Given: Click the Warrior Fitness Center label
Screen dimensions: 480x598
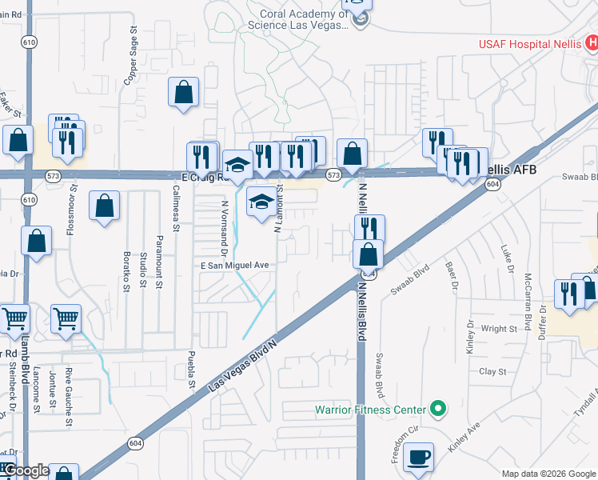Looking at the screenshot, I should click(x=370, y=410).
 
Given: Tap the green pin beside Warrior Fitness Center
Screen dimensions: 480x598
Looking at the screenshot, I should click(x=437, y=410).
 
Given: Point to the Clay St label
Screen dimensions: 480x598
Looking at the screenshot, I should click(x=492, y=371).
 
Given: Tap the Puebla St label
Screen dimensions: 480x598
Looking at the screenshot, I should click(x=192, y=369).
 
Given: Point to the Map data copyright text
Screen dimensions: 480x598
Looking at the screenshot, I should click(x=548, y=473).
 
